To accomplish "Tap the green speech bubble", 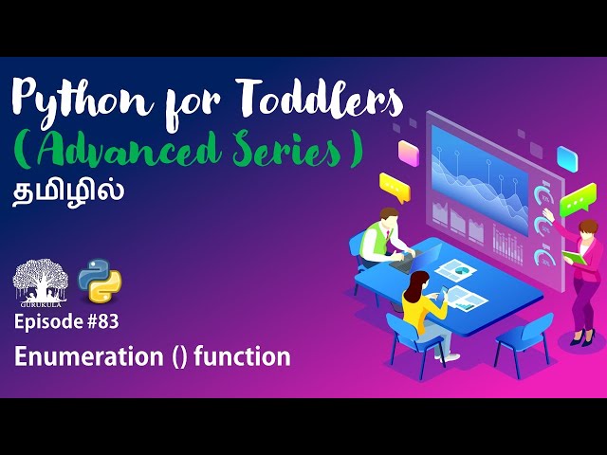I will pos(575,205).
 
